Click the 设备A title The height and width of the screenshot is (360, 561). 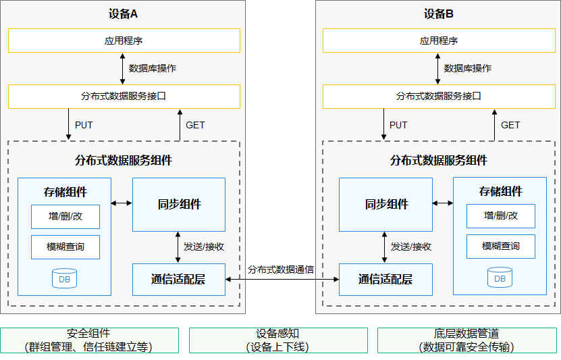(x=123, y=14)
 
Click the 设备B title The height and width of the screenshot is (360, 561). (x=439, y=14)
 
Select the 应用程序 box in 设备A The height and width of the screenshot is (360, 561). (x=124, y=41)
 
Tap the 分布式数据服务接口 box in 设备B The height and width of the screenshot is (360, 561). (x=439, y=97)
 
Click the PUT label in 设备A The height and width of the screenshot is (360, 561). (x=84, y=125)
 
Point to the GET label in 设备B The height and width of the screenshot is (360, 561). (x=510, y=125)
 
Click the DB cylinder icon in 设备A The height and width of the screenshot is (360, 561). (x=64, y=278)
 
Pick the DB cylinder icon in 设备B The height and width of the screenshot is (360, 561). (x=500, y=278)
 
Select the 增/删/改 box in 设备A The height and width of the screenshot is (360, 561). (x=65, y=217)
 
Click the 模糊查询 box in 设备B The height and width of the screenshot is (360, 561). (x=501, y=247)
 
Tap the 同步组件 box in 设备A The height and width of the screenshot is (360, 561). (x=179, y=205)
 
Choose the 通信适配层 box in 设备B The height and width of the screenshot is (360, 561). (x=385, y=280)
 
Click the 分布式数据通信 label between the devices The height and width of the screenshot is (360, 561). (x=281, y=269)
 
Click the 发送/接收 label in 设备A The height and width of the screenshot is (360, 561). (x=204, y=247)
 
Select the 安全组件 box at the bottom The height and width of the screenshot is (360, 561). (x=89, y=340)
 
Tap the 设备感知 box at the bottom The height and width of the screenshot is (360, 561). (x=278, y=340)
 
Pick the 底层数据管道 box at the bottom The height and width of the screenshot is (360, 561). (x=467, y=340)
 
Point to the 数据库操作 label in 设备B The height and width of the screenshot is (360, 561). (x=468, y=68)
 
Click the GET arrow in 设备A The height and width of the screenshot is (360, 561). (x=180, y=125)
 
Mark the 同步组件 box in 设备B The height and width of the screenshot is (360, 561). (x=385, y=205)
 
